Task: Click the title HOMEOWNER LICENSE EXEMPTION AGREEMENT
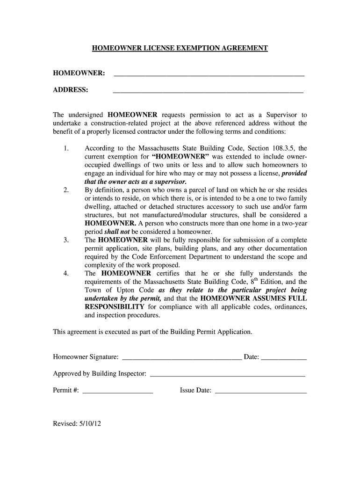[x=180, y=48]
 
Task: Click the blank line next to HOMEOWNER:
[x=209, y=74]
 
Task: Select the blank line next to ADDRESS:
[x=208, y=91]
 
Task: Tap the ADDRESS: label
[x=71, y=90]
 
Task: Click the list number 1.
[x=66, y=148]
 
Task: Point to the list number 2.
[x=66, y=190]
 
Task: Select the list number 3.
[x=66, y=240]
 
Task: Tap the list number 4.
[x=66, y=273]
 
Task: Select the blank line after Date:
[x=284, y=358]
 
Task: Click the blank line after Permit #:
[x=118, y=392]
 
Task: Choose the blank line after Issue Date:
[x=260, y=392]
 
